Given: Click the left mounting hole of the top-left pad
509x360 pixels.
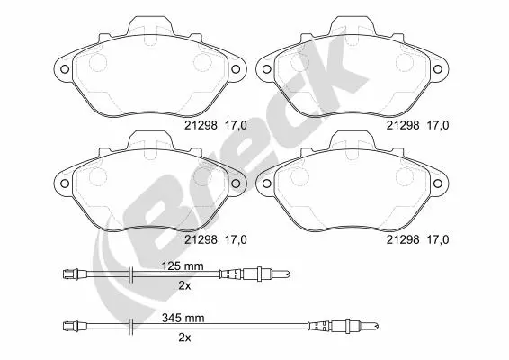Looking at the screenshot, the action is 65,69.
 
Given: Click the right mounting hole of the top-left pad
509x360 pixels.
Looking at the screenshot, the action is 236,69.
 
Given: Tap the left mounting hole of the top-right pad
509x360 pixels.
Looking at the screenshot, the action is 266,69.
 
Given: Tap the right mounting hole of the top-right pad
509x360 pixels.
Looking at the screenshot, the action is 438,69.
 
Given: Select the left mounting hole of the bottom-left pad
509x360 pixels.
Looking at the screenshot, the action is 65,184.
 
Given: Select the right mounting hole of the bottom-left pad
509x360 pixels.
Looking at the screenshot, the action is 236,184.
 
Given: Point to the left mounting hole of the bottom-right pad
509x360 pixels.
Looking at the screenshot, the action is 266,184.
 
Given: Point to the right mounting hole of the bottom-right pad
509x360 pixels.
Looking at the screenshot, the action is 438,184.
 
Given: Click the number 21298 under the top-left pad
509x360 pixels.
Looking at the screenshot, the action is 201,125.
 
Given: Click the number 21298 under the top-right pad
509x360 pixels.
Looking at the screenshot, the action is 403,125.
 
